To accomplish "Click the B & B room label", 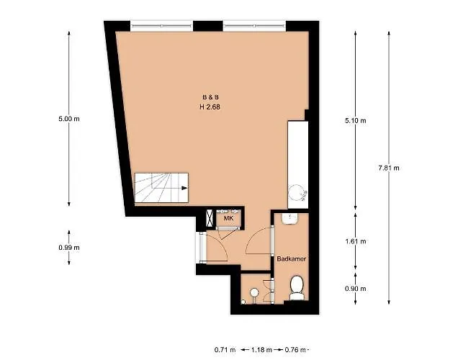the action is pos(210,97).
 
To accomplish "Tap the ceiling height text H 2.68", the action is pos(210,107).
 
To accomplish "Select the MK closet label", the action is pos(228,218).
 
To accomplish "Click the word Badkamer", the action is pos(291,258).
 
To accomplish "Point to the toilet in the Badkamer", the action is pos(297,288).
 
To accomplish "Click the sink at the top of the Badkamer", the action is pos(289,219).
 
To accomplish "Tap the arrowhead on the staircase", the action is pos(184,188).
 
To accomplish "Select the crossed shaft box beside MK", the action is pos(210,218).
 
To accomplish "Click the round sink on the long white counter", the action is pos(297,193).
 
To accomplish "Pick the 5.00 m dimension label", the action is pos(69,119).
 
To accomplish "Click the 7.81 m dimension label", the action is pos(388,168).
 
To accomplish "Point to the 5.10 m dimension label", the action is pos(355,120).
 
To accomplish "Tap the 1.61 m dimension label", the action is pos(355,241).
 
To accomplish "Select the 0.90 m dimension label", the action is pos(355,289).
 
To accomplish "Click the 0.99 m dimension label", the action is pos(69,247).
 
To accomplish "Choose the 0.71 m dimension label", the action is pos(225,349).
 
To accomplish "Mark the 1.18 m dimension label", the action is pos(261,349).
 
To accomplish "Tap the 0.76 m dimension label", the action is pos(295,349).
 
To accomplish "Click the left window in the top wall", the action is pos(161,26).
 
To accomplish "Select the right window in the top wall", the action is pos(254,26).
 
